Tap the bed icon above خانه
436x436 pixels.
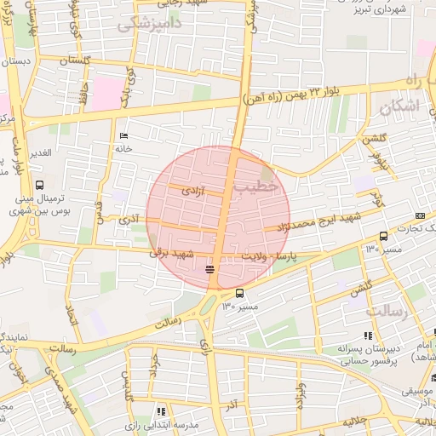click(124, 136)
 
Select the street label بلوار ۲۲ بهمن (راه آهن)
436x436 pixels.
click(302, 94)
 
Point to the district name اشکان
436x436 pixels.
click(397, 108)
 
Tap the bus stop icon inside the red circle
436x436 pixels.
click(209, 270)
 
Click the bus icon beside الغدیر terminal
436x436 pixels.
click(39, 185)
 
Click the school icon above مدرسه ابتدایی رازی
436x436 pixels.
click(161, 410)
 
